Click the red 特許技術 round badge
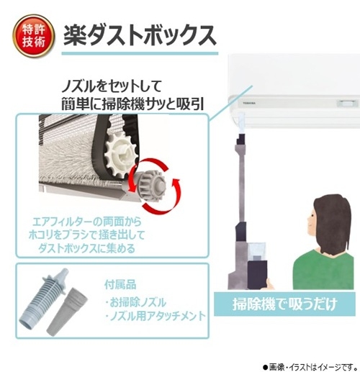click(34, 36)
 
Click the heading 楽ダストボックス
click(140, 36)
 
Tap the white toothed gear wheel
click(122, 156)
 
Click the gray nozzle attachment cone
click(67, 313)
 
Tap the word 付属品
click(120, 284)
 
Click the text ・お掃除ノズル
click(135, 302)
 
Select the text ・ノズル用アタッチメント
click(156, 316)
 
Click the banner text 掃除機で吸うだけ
click(284, 304)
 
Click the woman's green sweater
click(323, 270)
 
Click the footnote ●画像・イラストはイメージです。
click(310, 367)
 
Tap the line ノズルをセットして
click(111, 86)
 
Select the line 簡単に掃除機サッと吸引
click(132, 104)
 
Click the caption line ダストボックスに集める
click(87, 249)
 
